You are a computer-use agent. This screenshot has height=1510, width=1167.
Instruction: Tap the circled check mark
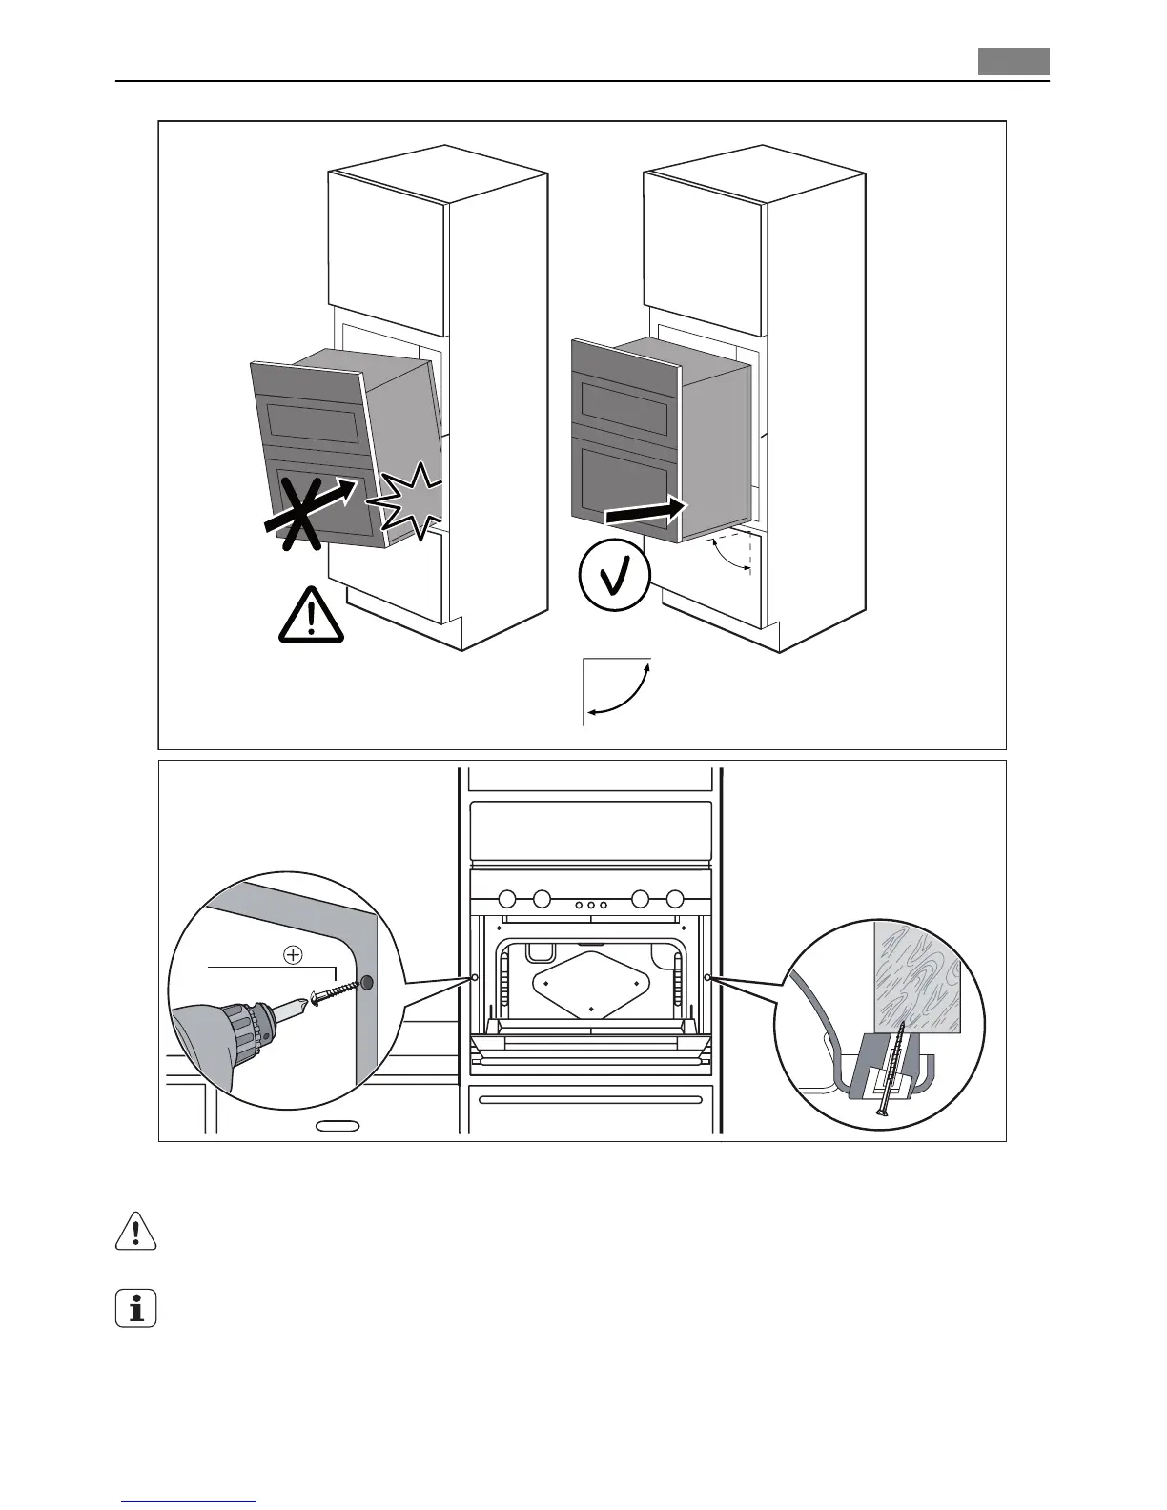tap(615, 575)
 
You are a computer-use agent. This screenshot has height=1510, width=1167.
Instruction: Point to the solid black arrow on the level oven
tap(645, 511)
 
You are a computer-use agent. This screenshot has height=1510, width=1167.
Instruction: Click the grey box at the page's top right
tap(1013, 62)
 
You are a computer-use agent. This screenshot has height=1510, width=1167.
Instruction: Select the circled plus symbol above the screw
tap(293, 952)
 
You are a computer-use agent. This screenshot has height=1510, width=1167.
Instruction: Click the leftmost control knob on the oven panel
tap(507, 898)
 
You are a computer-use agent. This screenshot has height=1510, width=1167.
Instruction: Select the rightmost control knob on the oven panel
tap(675, 898)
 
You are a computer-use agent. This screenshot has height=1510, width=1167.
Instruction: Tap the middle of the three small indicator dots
tap(591, 905)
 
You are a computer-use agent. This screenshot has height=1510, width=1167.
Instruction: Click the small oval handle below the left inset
tap(338, 1126)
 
